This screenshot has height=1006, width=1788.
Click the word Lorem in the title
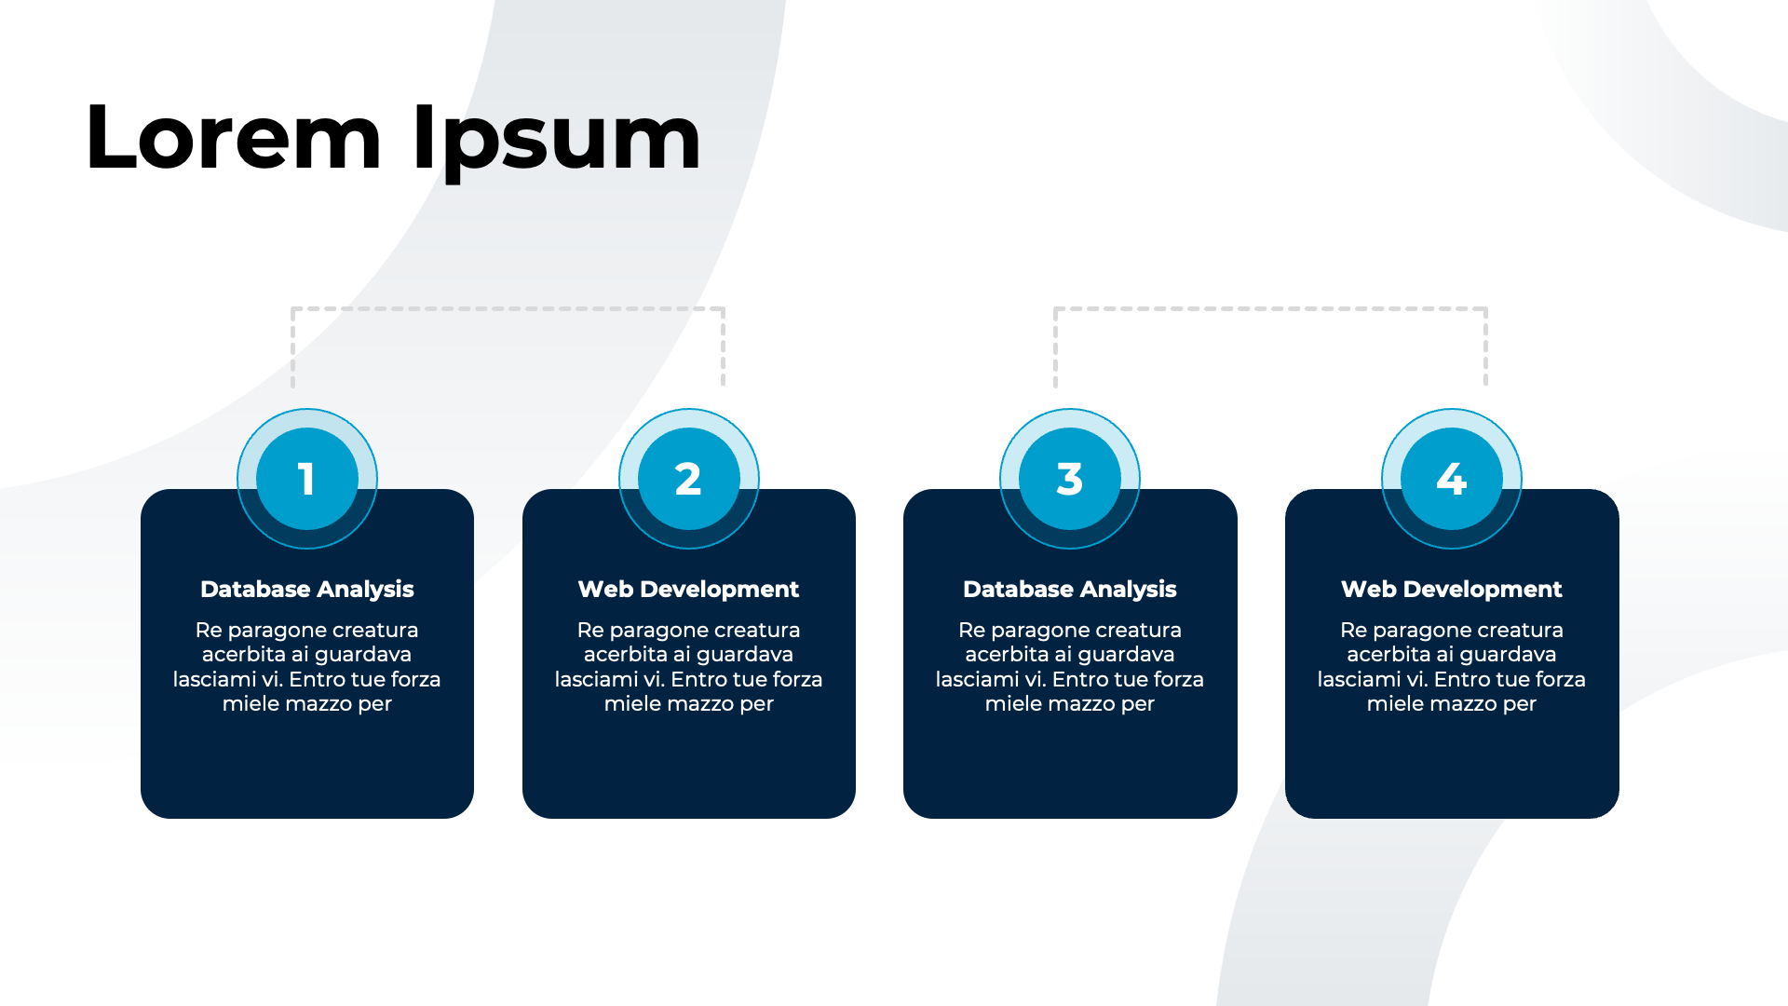[x=233, y=140]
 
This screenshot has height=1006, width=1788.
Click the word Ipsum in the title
[x=556, y=140]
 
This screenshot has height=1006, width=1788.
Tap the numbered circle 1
[x=307, y=479]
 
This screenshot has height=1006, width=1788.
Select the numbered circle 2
[x=689, y=479]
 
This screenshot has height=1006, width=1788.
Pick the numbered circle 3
[x=1070, y=479]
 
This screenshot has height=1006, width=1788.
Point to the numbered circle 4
[x=1452, y=479]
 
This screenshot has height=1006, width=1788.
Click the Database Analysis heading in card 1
[x=307, y=590]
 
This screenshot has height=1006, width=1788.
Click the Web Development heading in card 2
[x=689, y=590]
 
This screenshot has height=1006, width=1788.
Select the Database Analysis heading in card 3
[x=1070, y=590]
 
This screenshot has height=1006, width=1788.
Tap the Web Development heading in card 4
[x=1452, y=590]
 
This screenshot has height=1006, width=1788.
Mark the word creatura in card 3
[x=1138, y=631]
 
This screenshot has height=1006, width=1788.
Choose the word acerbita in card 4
[x=1388, y=655]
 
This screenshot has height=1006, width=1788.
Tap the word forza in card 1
[x=415, y=680]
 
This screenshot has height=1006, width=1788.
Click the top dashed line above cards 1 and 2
[x=508, y=308]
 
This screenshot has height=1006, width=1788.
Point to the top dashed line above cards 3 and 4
[x=1270, y=308]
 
